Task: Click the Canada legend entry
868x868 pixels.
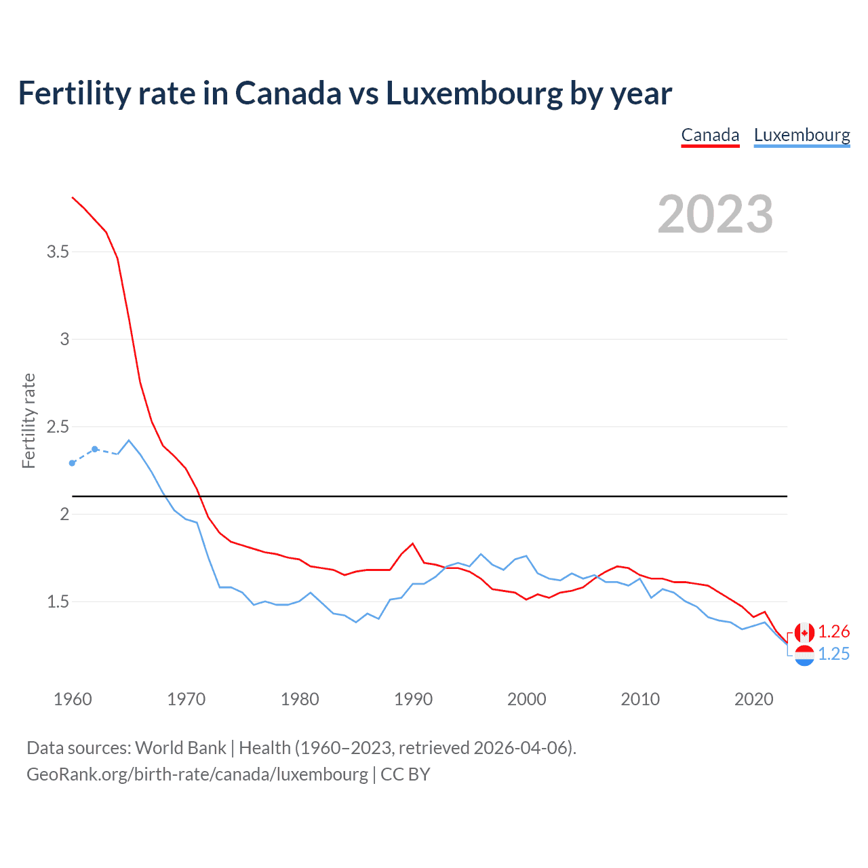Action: (710, 135)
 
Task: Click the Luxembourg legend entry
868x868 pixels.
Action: (802, 135)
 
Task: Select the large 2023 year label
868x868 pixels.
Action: (715, 214)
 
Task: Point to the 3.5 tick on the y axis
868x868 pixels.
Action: (58, 252)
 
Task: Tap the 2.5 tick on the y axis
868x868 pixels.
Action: (58, 427)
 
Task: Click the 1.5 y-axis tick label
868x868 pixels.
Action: (58, 602)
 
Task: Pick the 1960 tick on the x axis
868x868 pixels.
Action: (73, 699)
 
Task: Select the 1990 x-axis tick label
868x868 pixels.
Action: (413, 699)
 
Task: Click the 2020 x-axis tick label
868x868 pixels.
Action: (753, 699)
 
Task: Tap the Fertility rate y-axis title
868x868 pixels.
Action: (28, 420)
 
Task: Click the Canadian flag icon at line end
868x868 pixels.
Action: (804, 633)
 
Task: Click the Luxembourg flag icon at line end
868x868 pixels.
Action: (804, 655)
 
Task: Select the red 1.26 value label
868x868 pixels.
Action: (833, 632)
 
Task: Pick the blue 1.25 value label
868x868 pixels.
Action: (833, 654)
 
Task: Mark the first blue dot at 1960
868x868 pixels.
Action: (73, 463)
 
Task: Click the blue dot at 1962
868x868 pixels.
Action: (95, 449)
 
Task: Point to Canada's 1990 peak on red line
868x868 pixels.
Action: (412, 544)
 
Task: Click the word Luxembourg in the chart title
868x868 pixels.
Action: (474, 94)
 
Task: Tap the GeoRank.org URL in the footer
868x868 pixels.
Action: (197, 774)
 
